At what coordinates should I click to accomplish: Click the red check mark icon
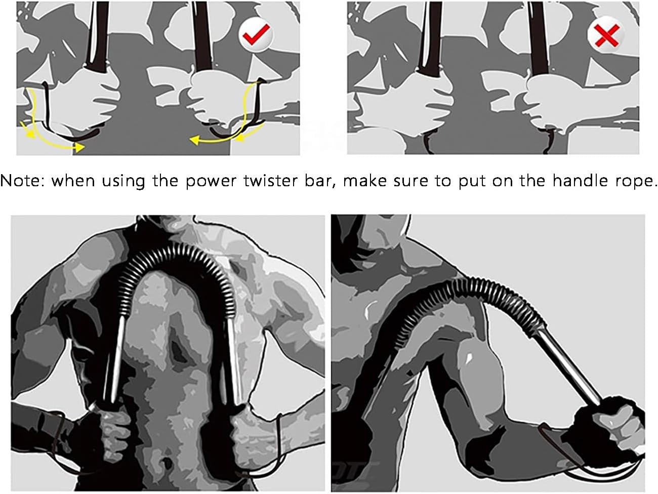(x=256, y=34)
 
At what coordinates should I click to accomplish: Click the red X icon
(x=605, y=34)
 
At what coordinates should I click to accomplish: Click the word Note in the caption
(x=22, y=181)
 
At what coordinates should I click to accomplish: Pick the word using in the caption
(x=123, y=181)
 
